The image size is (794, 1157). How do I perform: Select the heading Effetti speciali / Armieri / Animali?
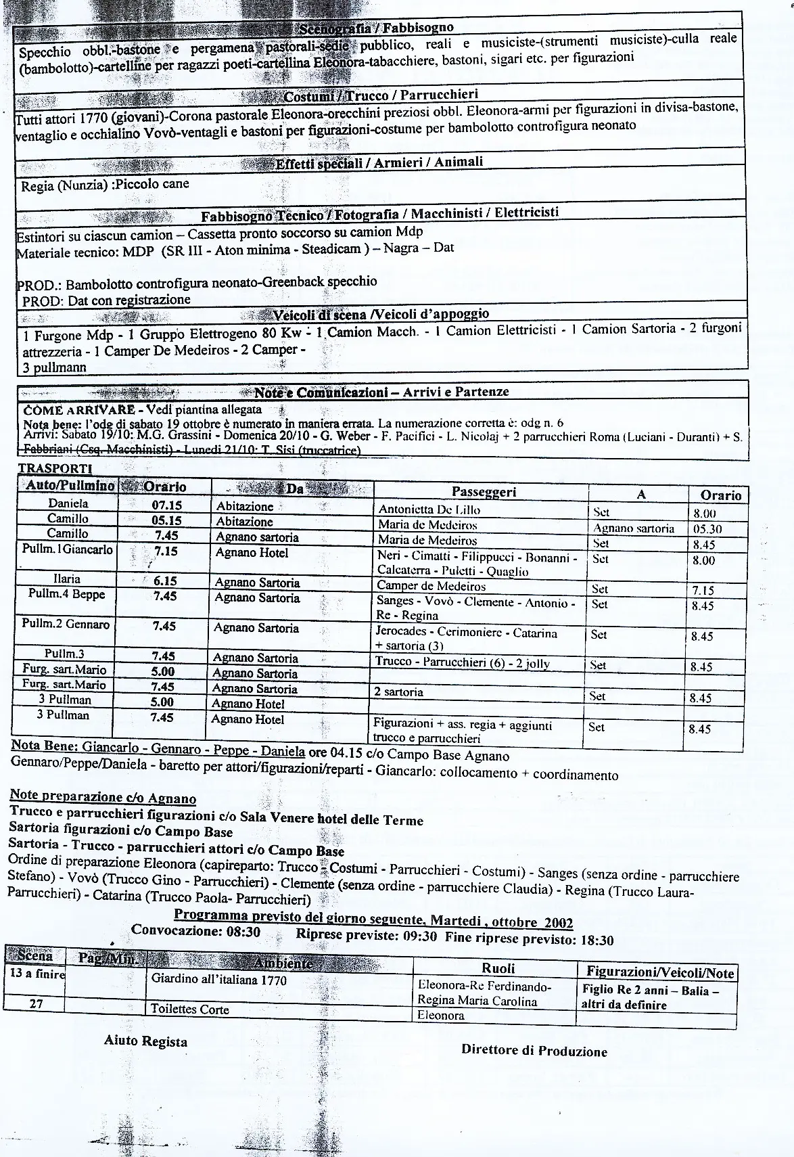(379, 162)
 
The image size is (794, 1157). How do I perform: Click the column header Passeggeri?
(484, 492)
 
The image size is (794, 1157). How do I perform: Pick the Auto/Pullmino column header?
(68, 486)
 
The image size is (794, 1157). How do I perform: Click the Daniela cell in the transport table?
(68, 503)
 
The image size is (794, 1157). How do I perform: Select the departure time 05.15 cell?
(166, 520)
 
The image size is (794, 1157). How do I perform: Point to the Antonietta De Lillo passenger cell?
(429, 509)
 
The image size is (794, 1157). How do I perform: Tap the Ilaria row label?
(67, 578)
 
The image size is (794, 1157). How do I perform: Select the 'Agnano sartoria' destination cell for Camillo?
(634, 528)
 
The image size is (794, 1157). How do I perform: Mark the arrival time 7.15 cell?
(703, 590)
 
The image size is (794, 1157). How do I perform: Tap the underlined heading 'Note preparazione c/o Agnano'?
(103, 798)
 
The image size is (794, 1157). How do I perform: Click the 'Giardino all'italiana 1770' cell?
(219, 980)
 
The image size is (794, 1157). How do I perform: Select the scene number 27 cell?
(37, 1004)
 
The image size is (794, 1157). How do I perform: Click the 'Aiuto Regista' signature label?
(145, 1041)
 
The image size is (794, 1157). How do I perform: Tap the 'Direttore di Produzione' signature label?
(534, 1050)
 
